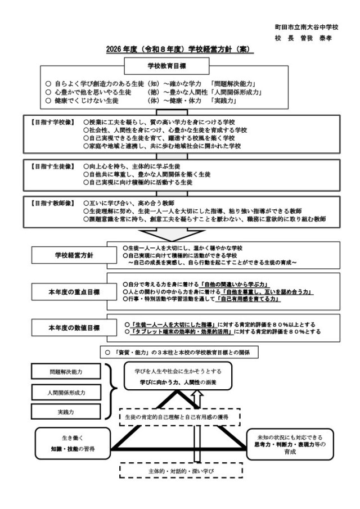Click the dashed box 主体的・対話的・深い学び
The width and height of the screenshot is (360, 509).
point(181,469)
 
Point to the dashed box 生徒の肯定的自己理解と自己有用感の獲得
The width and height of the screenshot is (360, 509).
point(181,417)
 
